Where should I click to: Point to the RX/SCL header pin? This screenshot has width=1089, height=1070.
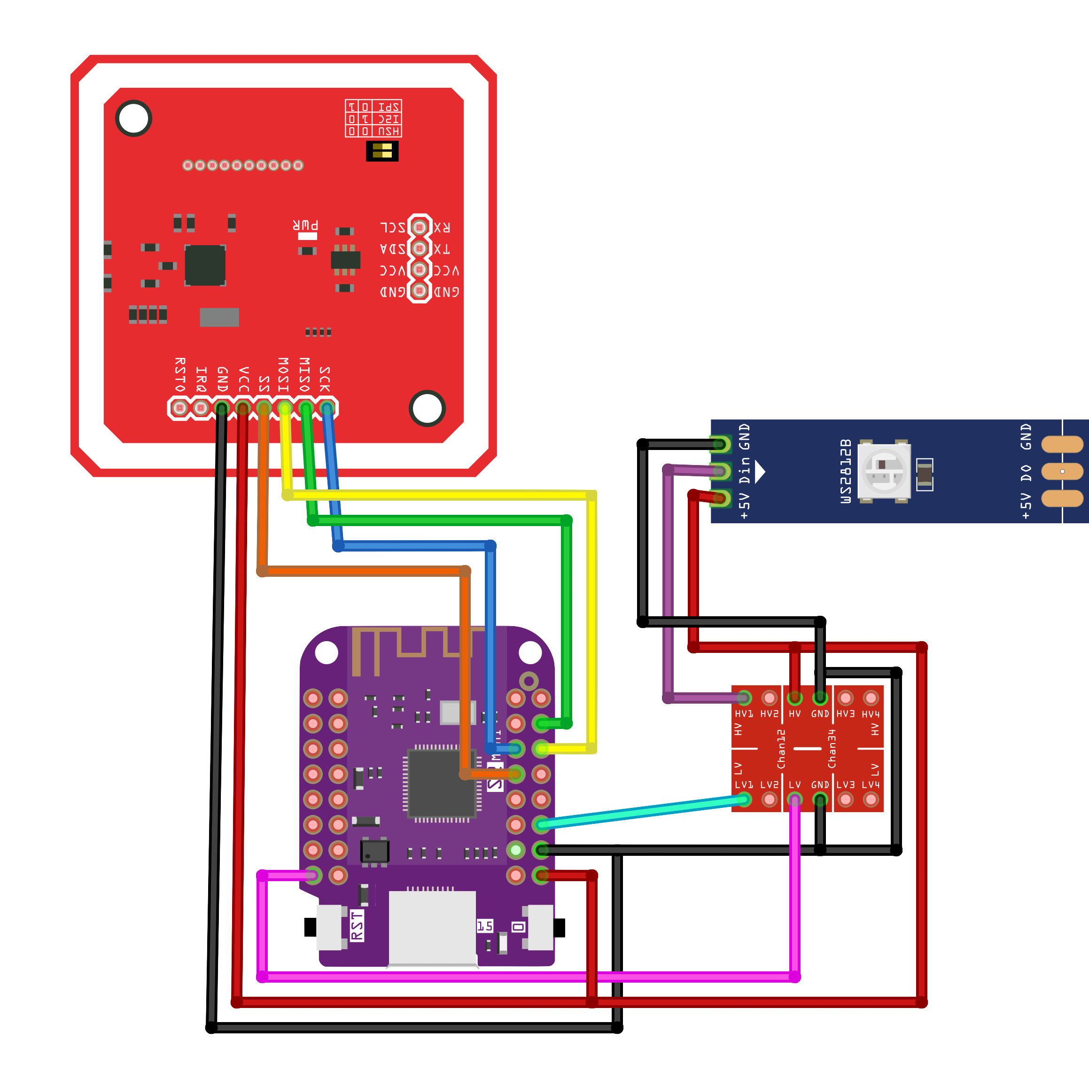pos(419,227)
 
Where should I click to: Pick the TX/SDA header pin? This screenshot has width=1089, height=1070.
pos(419,248)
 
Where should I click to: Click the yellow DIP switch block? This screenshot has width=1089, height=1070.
pos(382,151)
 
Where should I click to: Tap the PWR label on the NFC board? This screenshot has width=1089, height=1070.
pos(306,226)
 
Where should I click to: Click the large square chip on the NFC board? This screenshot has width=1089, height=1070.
pos(205,265)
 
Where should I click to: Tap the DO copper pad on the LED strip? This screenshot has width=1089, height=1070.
pos(1062,471)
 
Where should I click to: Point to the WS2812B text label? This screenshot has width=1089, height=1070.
pos(846,471)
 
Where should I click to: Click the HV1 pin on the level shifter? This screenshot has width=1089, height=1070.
pos(744,698)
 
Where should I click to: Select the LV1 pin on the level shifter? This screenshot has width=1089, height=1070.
pos(744,799)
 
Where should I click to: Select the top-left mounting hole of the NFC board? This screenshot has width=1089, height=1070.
pos(134,118)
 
